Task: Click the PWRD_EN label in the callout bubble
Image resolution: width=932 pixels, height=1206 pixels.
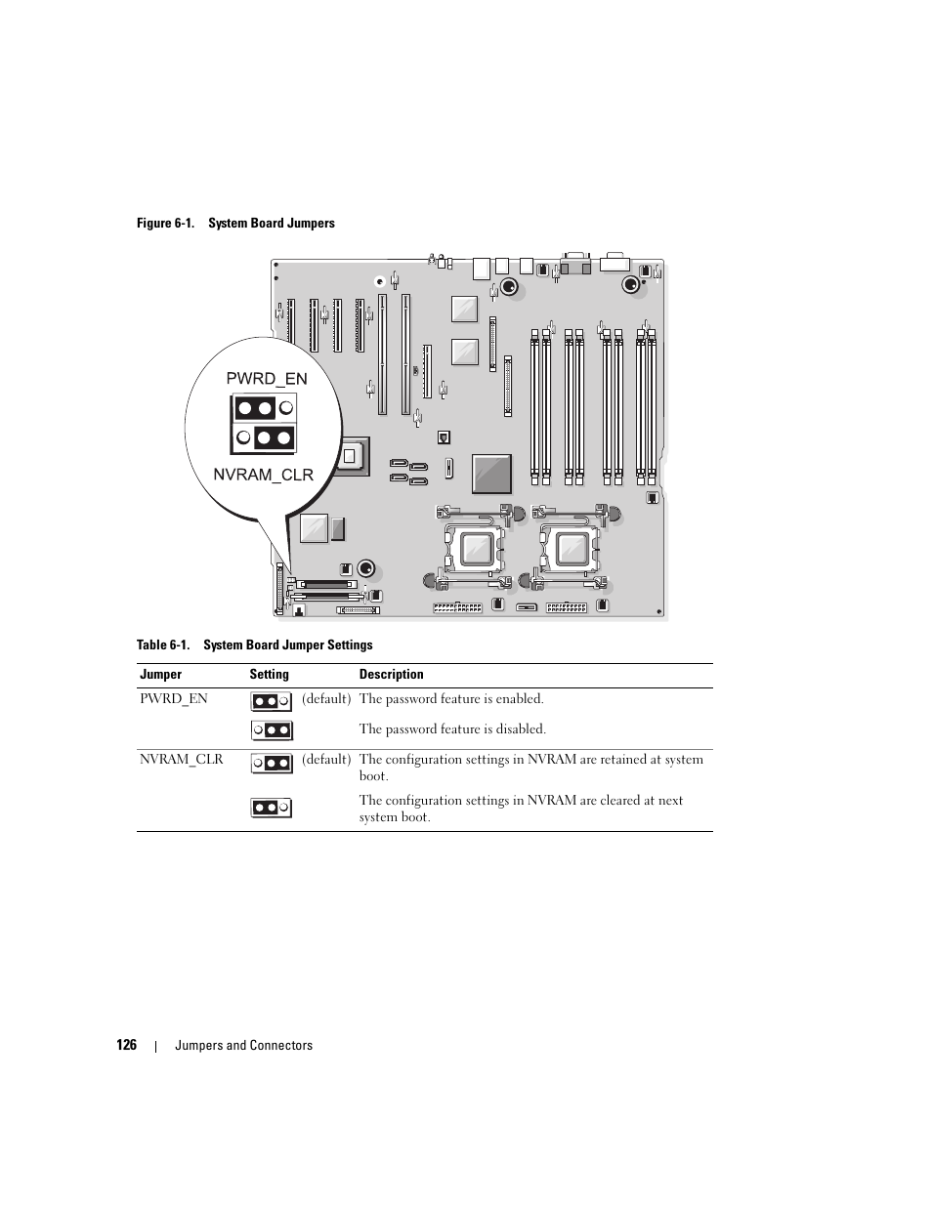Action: pos(267,379)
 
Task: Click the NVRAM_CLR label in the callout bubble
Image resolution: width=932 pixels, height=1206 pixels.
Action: pos(264,475)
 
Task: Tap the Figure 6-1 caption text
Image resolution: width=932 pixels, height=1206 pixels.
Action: pos(235,224)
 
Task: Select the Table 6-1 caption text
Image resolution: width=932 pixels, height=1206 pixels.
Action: pos(254,645)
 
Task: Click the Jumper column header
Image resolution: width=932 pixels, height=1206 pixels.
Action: pos(160,675)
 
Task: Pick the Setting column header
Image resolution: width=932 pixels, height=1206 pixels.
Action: pos(269,675)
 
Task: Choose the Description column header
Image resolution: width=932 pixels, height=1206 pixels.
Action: pos(391,675)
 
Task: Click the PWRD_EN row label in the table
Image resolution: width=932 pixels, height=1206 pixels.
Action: pos(173,699)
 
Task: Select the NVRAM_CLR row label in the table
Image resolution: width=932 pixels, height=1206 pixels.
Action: pos(181,760)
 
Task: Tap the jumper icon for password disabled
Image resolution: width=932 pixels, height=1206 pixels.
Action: pos(272,730)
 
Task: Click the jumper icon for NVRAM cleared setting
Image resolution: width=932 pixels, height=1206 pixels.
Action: pos(272,808)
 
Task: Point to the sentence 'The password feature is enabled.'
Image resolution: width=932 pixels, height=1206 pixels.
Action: pos(451,699)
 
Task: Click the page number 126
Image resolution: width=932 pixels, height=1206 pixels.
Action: pos(126,1045)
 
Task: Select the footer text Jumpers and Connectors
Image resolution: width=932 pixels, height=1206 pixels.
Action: pos(243,1046)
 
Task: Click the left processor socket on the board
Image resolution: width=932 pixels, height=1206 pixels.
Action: pos(474,550)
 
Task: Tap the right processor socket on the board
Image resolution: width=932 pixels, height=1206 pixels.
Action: pos(570,550)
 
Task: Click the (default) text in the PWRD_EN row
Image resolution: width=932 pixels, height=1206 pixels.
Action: pos(325,699)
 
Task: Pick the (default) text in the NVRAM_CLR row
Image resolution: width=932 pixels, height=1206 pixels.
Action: pos(325,760)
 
